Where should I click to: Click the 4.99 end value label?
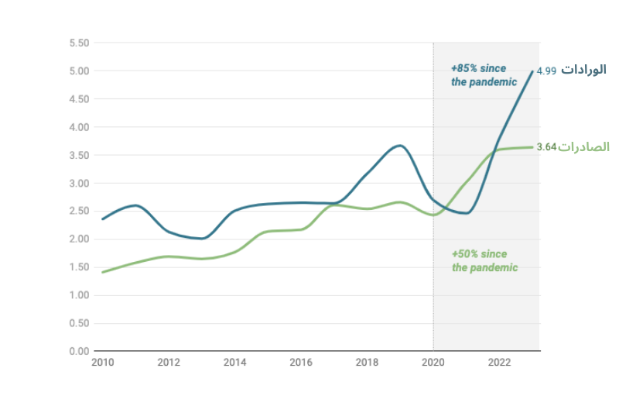click(x=546, y=71)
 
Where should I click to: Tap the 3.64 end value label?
click(x=546, y=147)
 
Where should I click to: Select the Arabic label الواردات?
click(x=583, y=71)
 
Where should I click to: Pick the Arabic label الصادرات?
click(x=583, y=147)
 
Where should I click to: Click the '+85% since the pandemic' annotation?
click(x=484, y=75)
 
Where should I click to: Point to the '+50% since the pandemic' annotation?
click(x=484, y=261)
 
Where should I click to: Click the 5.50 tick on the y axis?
click(x=80, y=43)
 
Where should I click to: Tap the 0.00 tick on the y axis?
click(x=80, y=351)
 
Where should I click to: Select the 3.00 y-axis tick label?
click(x=80, y=183)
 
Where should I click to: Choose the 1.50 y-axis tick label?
click(x=80, y=267)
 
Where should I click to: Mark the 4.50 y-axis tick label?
click(x=80, y=99)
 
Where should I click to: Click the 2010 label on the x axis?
click(x=102, y=363)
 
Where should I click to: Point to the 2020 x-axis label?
click(x=433, y=363)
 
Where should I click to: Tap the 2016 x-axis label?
click(x=301, y=363)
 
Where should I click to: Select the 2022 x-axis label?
click(x=499, y=363)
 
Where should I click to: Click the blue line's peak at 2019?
click(x=399, y=145)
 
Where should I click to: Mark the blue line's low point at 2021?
click(x=466, y=213)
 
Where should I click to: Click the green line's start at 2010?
click(x=103, y=272)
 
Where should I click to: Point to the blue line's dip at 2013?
click(x=202, y=239)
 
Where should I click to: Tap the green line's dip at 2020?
click(x=433, y=215)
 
